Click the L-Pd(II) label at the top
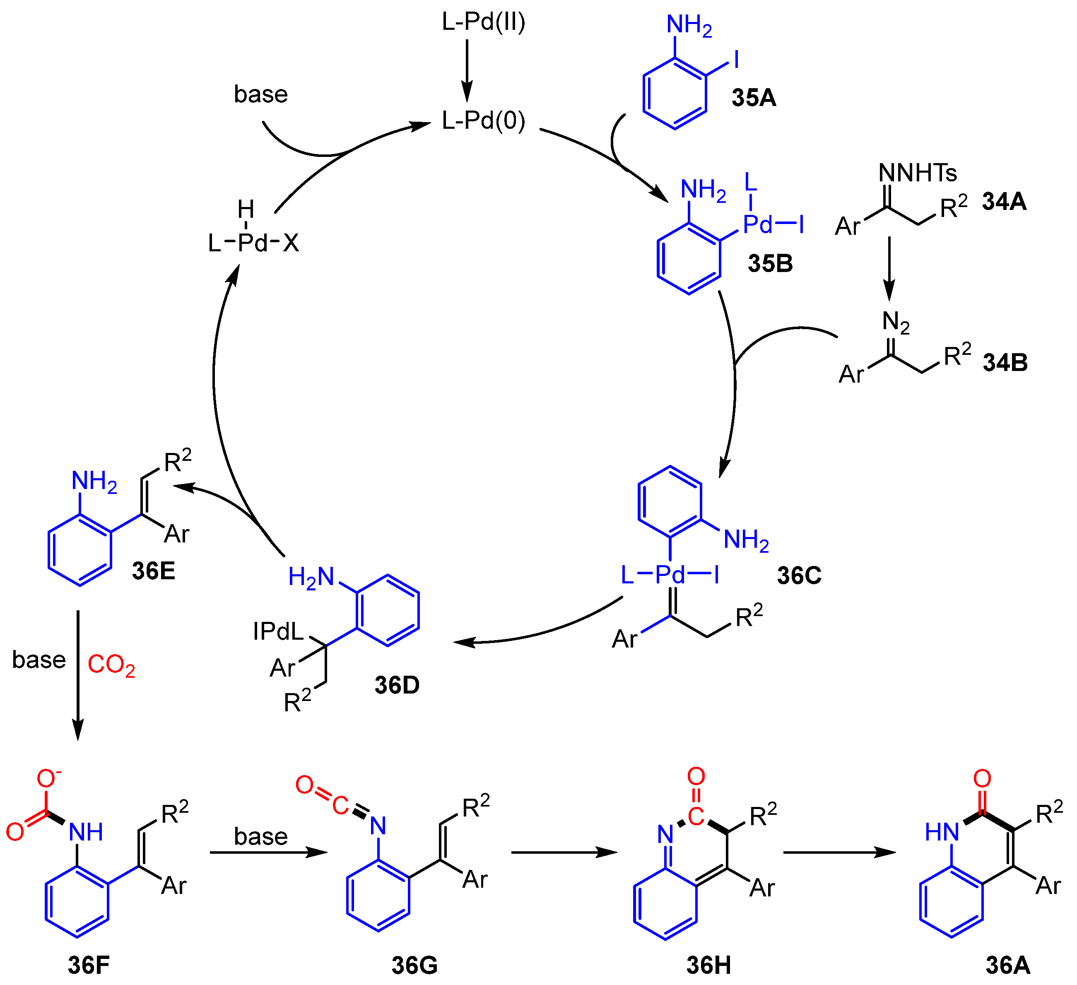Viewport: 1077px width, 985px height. point(484,22)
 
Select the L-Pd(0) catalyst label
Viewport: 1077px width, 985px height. point(484,121)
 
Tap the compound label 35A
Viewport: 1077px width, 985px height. point(754,98)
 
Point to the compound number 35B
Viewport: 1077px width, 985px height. point(770,264)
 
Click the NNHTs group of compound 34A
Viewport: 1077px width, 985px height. point(918,173)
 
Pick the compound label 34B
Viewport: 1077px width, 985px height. point(1005,363)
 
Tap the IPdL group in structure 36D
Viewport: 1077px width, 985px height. point(277,632)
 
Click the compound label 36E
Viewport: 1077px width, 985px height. point(153,571)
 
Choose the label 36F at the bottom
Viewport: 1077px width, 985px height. point(89,965)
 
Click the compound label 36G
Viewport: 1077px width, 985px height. point(414,965)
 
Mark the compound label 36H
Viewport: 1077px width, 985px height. point(708,965)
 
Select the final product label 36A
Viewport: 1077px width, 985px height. point(1007,965)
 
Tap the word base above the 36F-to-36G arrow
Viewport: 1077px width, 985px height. point(261,836)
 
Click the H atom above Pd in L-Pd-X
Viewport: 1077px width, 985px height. point(246,210)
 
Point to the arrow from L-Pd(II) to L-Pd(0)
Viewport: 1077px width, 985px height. point(467,70)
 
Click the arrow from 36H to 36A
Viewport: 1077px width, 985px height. point(839,853)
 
